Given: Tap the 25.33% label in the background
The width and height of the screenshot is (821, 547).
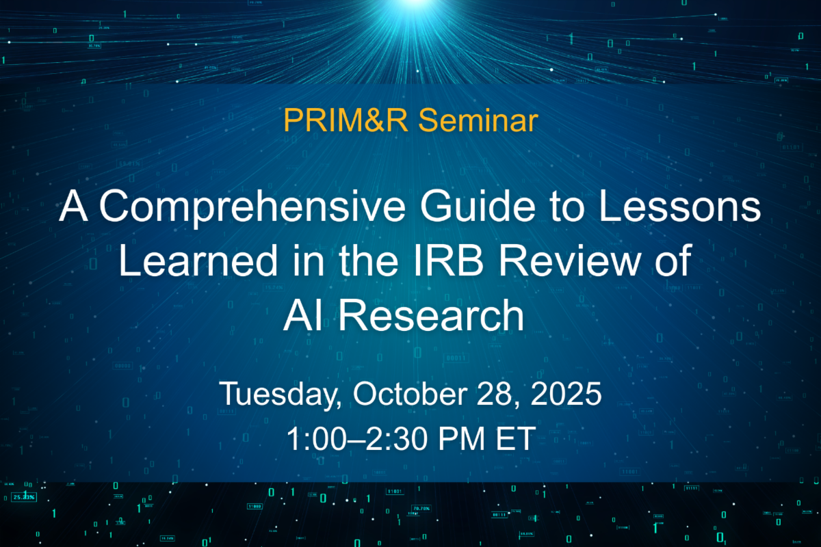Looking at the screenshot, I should (24, 497).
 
